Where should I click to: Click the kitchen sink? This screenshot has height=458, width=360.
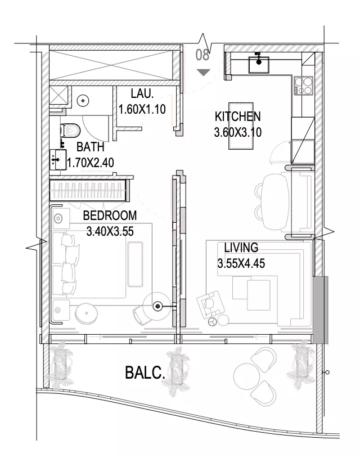(x=259, y=65)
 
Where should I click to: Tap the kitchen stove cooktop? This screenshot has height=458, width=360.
(x=304, y=86)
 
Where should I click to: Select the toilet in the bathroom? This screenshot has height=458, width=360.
(x=70, y=131)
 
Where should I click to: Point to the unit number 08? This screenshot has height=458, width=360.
(x=202, y=55)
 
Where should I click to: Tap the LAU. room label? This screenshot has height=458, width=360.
(x=142, y=94)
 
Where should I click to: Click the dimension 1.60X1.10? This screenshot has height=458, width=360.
(x=142, y=109)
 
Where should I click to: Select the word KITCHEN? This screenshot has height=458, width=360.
(x=238, y=116)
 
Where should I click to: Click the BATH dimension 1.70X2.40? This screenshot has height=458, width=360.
(x=91, y=163)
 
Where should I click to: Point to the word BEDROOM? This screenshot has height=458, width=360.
(x=110, y=215)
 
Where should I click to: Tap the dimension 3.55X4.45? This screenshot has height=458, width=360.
(x=241, y=263)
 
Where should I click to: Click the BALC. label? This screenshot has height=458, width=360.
(x=145, y=372)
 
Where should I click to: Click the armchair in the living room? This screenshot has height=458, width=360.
(x=210, y=304)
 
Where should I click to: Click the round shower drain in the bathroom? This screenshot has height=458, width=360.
(x=83, y=101)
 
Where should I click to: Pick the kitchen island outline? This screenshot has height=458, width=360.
(x=241, y=126)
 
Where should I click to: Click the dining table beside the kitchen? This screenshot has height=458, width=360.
(x=275, y=201)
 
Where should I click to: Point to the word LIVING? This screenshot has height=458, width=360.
(x=241, y=248)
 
